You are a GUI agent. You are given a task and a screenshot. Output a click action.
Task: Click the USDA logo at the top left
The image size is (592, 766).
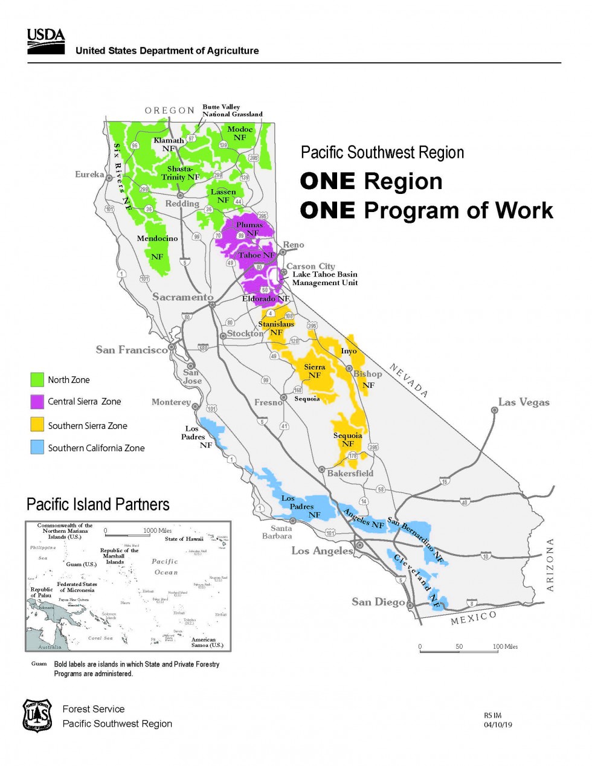[x=46, y=41]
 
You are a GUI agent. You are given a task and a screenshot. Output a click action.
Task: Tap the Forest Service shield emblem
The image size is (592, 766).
[x=37, y=716]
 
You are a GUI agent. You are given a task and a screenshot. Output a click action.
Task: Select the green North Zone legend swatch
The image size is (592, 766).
[x=37, y=379]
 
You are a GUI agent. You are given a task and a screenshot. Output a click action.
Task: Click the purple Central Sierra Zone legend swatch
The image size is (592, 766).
[x=37, y=402]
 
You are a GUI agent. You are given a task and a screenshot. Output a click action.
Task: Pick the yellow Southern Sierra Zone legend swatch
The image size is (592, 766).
[x=37, y=425]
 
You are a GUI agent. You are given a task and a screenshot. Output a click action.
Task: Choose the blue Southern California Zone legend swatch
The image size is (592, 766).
[x=37, y=448]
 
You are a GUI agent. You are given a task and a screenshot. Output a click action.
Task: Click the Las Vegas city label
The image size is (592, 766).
[x=523, y=402]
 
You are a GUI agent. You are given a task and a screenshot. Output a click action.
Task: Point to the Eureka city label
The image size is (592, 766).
[x=89, y=175]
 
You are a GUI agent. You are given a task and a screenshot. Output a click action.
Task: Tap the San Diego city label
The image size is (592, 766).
[x=378, y=602]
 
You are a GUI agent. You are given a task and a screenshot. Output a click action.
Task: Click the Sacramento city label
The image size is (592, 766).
[x=182, y=297]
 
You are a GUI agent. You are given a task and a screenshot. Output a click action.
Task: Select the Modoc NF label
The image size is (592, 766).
[x=240, y=133]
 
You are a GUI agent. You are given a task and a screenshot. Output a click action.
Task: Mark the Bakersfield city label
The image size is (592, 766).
[x=350, y=473]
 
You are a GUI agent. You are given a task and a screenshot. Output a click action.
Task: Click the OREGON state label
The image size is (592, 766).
[x=169, y=111]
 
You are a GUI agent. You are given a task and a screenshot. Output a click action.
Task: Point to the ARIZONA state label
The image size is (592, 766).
[x=550, y=565]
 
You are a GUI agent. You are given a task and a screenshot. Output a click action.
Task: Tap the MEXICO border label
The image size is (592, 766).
[x=474, y=618]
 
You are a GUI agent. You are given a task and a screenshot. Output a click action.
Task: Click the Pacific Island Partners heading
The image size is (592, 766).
[x=98, y=504]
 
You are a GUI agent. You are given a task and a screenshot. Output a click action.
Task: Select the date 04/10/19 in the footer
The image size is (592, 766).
[x=498, y=725]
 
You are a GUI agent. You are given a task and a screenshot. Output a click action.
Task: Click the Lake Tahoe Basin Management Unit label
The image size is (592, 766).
[x=325, y=278]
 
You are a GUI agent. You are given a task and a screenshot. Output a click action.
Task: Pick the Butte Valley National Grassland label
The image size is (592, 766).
[x=232, y=111]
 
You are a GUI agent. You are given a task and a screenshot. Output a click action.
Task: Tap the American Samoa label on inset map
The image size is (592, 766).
[x=207, y=642]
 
